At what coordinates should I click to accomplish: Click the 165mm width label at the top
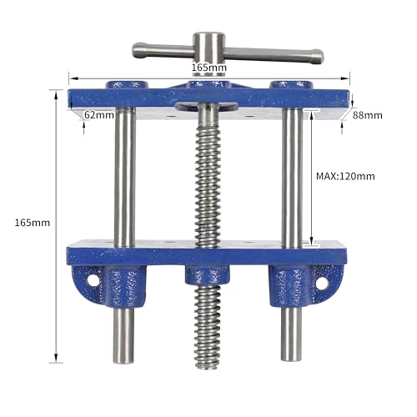(208, 67)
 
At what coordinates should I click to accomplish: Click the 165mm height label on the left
(33, 223)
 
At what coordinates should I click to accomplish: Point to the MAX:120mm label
(345, 176)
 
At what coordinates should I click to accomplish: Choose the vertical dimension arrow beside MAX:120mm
(311, 179)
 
